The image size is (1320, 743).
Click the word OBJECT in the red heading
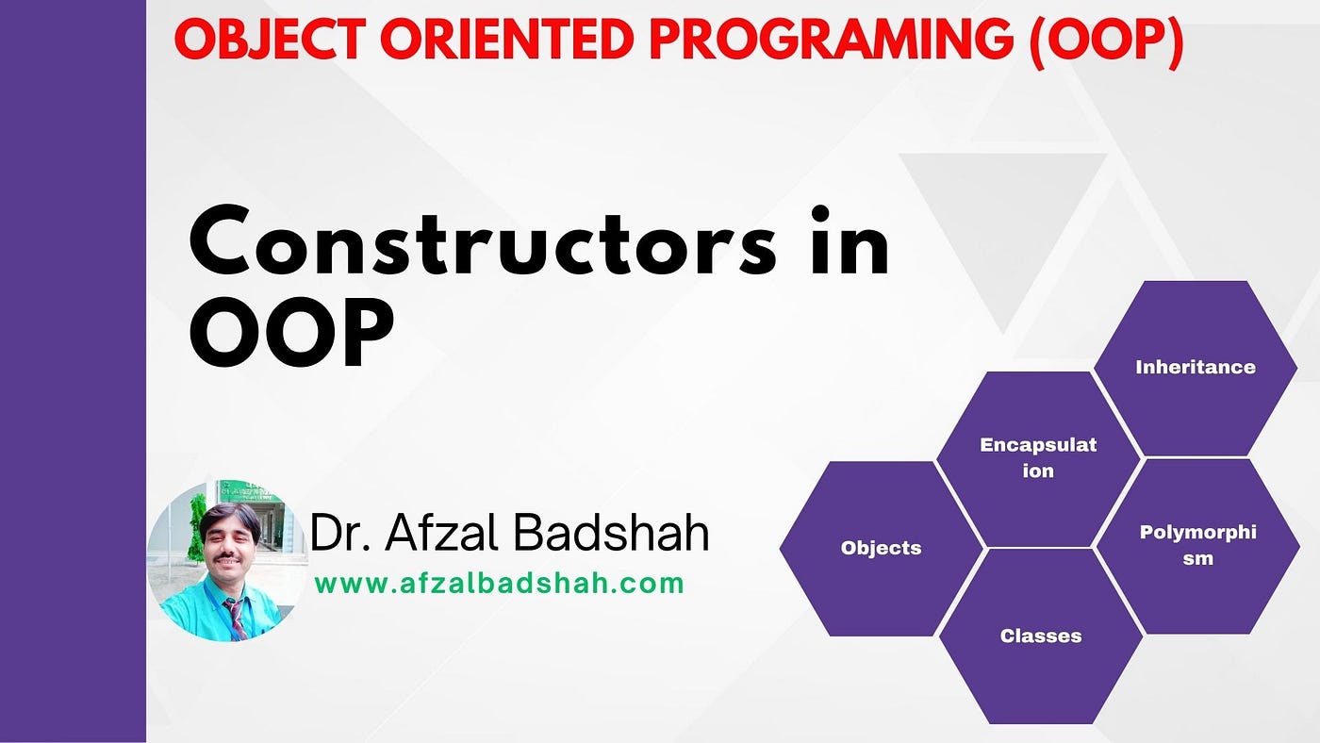(271, 40)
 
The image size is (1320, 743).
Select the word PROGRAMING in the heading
(831, 40)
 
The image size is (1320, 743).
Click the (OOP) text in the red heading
(1107, 42)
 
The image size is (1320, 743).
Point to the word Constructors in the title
(483, 240)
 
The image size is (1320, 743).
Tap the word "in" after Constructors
(850, 240)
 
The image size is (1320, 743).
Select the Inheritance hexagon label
(1196, 367)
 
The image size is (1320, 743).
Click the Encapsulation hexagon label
(1038, 457)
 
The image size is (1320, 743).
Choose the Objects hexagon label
(881, 548)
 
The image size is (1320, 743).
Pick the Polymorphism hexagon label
(1198, 545)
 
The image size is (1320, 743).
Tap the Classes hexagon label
(1041, 636)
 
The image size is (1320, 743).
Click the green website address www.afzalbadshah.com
(499, 584)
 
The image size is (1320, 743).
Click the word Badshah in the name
(611, 533)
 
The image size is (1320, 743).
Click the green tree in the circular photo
(196, 527)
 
